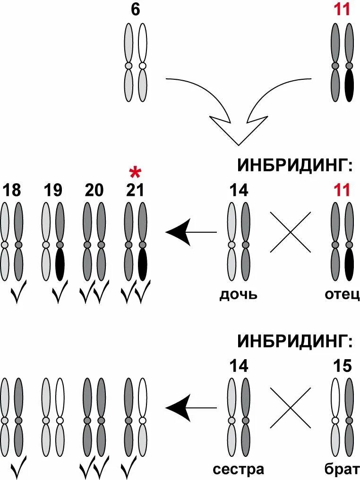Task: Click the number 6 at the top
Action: pyautogui.click(x=135, y=10)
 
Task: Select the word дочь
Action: pyautogui.click(x=238, y=295)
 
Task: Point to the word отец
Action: pyautogui.click(x=342, y=295)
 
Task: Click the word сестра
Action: pyautogui.click(x=238, y=470)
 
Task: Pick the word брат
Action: pyautogui.click(x=342, y=470)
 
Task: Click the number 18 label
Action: pyautogui.click(x=12, y=190)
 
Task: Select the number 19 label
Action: pyautogui.click(x=53, y=190)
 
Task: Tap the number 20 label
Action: pyautogui.click(x=94, y=190)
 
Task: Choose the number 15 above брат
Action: pyautogui.click(x=342, y=366)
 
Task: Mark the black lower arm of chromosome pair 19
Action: pyautogui.click(x=60, y=264)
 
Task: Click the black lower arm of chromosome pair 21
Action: pyautogui.click(x=142, y=264)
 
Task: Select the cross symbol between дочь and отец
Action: pyautogui.click(x=290, y=232)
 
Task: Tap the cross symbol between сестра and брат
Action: pyautogui.click(x=290, y=407)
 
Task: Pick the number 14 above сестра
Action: pyautogui.click(x=239, y=366)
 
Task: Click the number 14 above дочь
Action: pyautogui.click(x=239, y=190)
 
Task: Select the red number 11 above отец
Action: pyautogui.click(x=342, y=190)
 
